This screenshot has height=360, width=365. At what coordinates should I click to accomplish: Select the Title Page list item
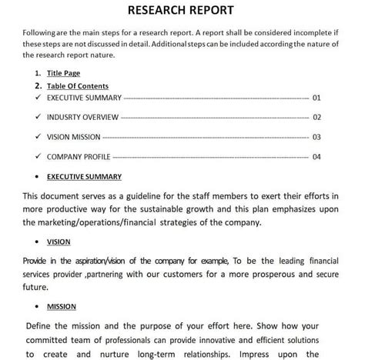click(x=63, y=73)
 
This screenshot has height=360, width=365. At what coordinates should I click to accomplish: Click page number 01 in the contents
click(x=316, y=98)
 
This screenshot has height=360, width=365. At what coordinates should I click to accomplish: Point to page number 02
click(x=316, y=118)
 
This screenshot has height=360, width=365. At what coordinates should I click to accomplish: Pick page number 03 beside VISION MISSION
click(x=316, y=137)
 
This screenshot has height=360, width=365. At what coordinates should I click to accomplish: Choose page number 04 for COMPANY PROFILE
click(x=316, y=157)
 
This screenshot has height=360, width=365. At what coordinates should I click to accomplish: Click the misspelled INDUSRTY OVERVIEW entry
click(x=82, y=118)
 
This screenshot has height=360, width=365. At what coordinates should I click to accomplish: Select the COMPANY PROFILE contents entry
click(x=80, y=157)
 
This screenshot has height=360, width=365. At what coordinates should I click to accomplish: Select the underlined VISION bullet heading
click(x=58, y=242)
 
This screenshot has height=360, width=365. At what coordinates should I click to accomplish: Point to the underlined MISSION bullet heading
click(x=61, y=306)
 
